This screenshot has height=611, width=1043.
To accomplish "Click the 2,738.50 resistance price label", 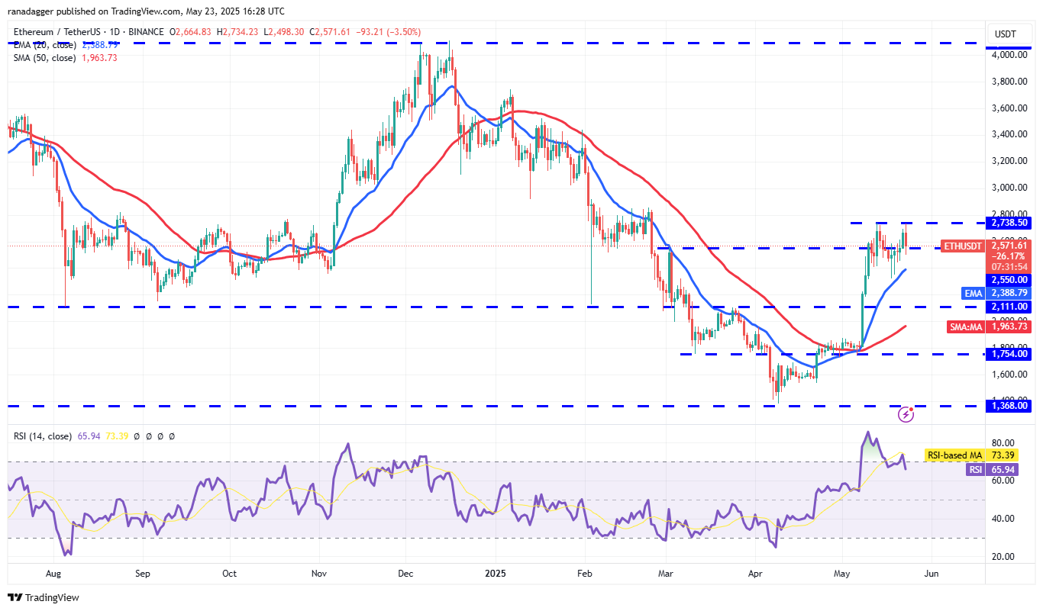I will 1009,223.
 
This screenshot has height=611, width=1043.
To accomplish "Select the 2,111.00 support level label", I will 1009,307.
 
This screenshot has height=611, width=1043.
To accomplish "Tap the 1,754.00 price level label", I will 1009,354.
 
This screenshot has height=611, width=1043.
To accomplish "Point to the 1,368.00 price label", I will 1009,407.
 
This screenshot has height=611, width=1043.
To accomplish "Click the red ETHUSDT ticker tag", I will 964,246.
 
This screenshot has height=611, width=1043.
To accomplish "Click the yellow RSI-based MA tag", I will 954,455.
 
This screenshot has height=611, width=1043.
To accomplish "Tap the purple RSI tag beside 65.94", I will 976,470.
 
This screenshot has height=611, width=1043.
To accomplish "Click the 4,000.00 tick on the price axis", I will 1009,55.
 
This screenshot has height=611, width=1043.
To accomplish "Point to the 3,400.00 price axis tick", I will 1009,134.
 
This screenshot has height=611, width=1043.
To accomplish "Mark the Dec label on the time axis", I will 405,572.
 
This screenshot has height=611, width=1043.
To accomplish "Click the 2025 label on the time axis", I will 496,572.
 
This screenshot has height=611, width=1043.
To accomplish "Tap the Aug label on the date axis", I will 53,572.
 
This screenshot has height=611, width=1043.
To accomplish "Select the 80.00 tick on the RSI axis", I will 1003,443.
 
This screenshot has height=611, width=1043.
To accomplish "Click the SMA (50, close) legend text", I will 44,58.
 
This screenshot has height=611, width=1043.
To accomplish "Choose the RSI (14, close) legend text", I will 43,436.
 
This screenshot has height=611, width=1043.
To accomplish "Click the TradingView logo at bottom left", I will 44,597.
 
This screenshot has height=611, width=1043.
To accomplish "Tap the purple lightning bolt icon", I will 906,414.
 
